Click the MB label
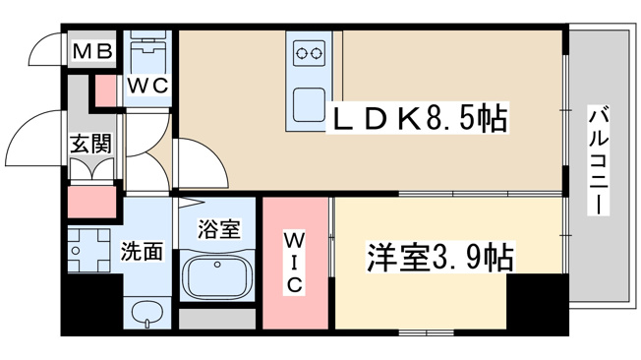pos(92,51)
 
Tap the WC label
pos(147,86)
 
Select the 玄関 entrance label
pos(90,144)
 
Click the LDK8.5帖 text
pos(420,118)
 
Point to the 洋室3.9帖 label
pos(439,258)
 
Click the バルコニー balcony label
pos(599,160)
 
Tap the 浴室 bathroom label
pos(218,228)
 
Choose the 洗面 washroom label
pos(142,252)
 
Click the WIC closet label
pos(294,263)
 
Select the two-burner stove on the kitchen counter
pos(309,53)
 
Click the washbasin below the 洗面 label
pos(147,314)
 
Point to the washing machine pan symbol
pos(89,251)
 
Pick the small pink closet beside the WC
pos(105,90)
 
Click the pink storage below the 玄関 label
pos(91,203)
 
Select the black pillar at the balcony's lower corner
pos(538,301)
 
